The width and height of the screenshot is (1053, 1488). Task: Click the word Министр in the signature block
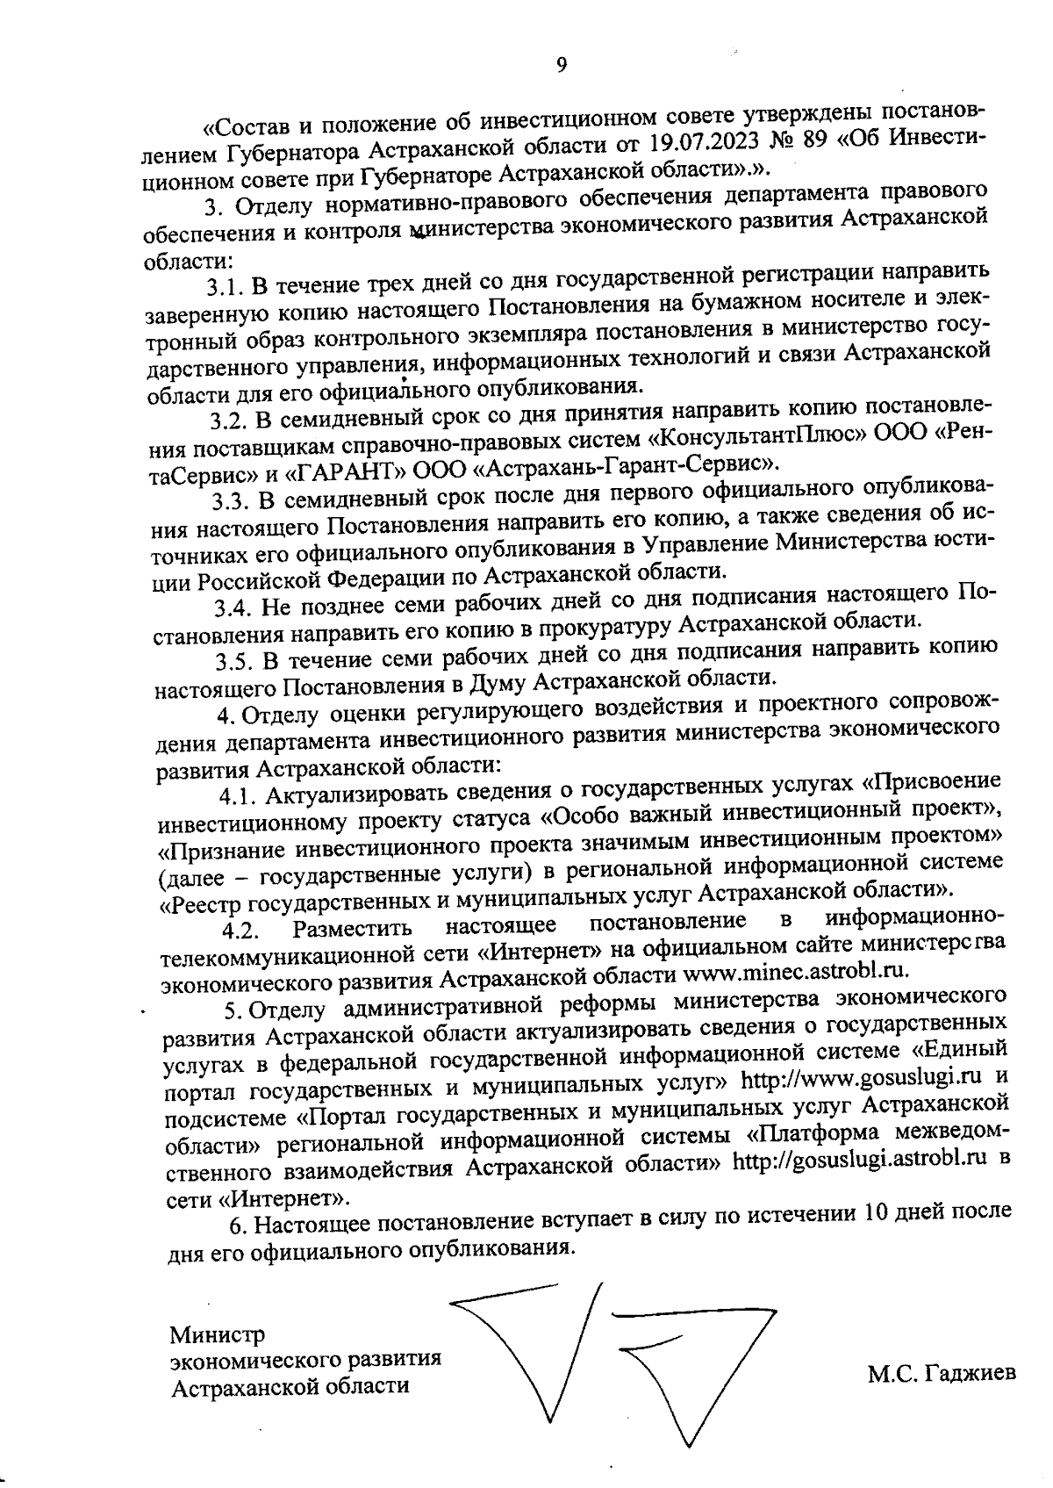pyautogui.click(x=217, y=1335)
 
